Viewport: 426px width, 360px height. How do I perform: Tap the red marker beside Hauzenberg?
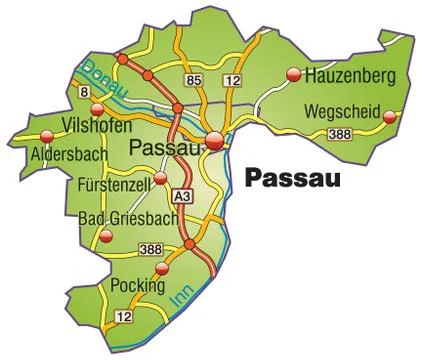(x=293, y=74)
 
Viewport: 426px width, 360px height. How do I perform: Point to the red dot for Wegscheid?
(x=390, y=116)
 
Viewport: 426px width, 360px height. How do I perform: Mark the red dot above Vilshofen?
(x=97, y=110)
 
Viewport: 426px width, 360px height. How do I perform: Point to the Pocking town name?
(x=137, y=285)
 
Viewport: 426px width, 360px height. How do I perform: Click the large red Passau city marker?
(x=215, y=142)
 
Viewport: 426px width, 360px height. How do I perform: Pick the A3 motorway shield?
(x=182, y=196)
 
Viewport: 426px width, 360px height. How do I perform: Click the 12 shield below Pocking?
(x=123, y=317)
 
